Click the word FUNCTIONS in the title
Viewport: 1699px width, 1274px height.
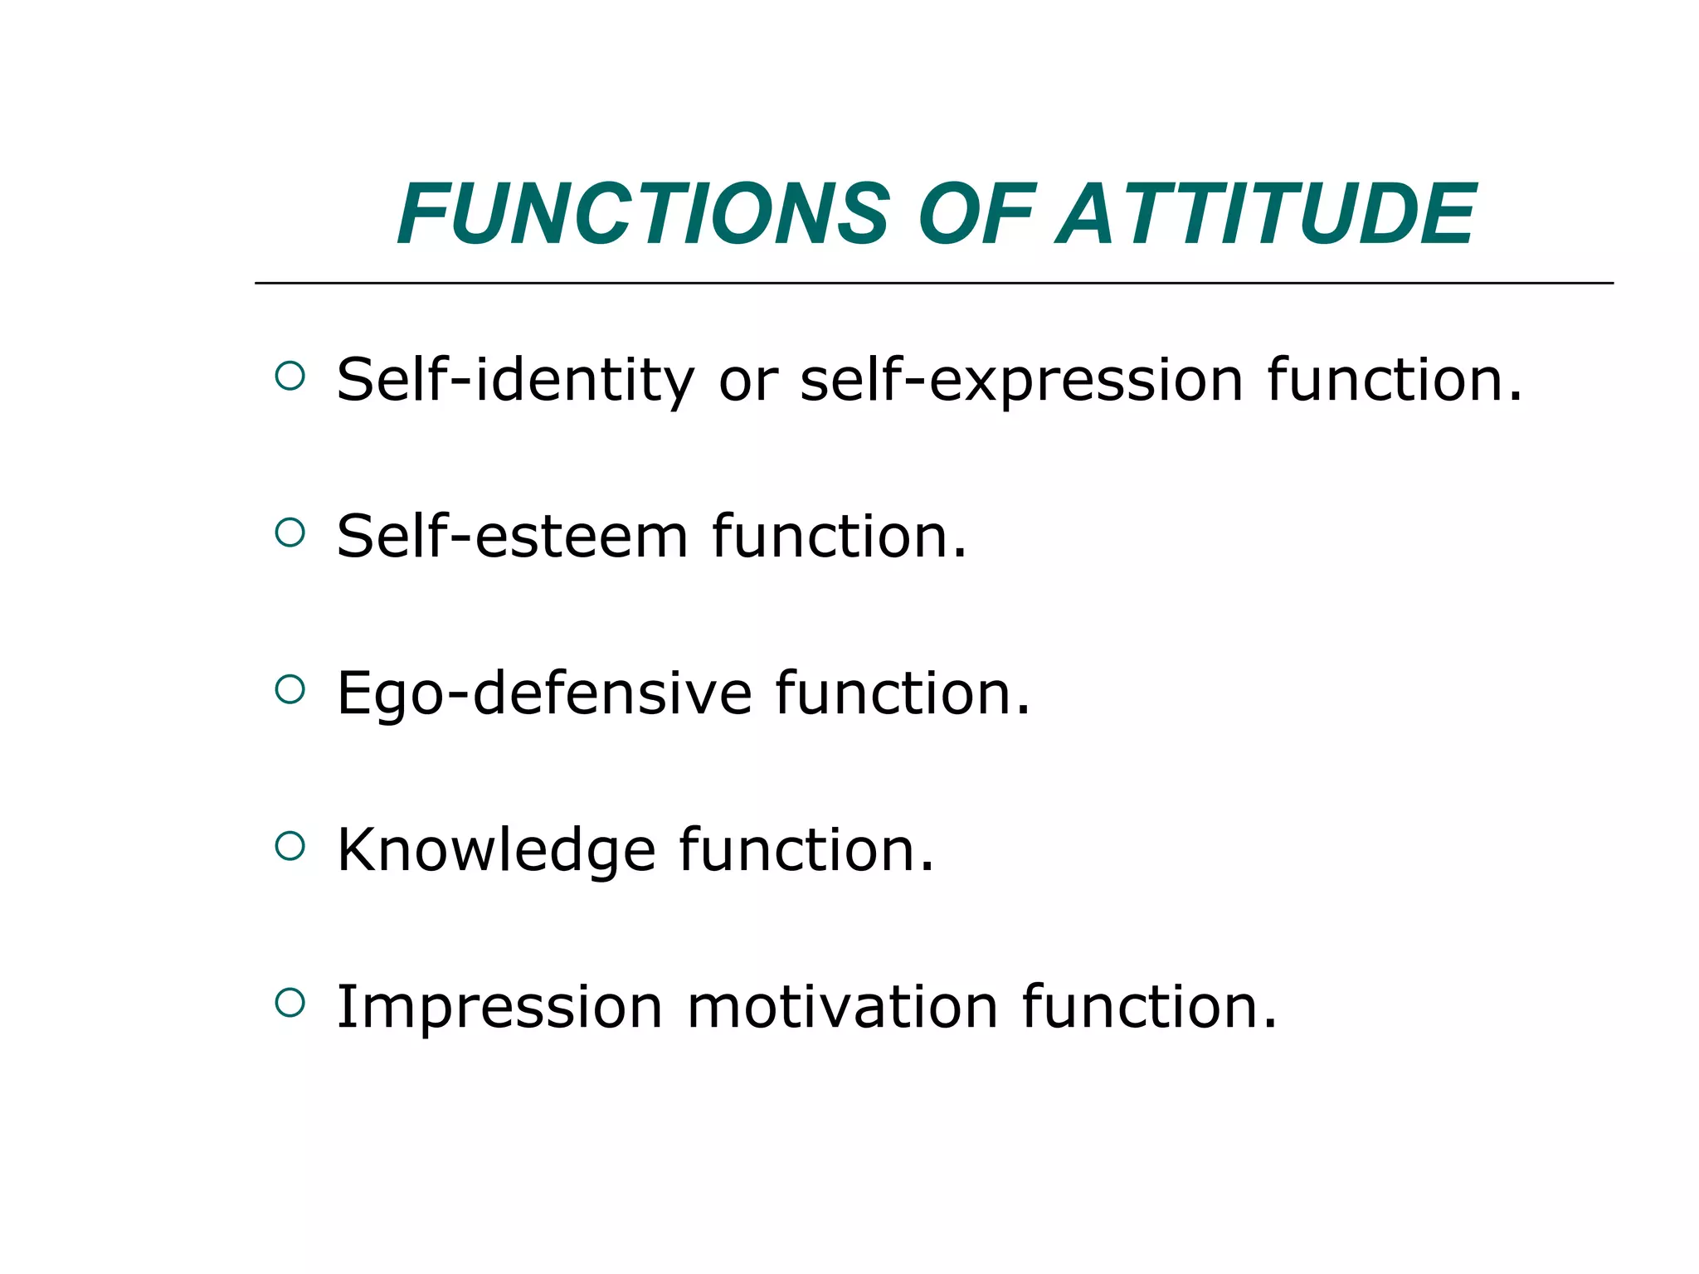pyautogui.click(x=644, y=214)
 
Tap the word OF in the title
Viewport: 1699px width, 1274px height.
pyautogui.click(x=976, y=214)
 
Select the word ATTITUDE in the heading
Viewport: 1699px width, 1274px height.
pyautogui.click(x=1266, y=214)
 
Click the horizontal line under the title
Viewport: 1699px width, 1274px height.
pyautogui.click(x=933, y=283)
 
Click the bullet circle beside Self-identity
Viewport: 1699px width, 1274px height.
pyautogui.click(x=290, y=377)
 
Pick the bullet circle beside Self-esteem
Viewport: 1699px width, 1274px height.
pyautogui.click(x=290, y=532)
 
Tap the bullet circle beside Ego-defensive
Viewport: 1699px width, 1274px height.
pyautogui.click(x=290, y=689)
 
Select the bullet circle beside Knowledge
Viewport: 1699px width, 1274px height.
pyautogui.click(x=290, y=846)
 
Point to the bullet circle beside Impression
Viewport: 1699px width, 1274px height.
pyautogui.click(x=290, y=1003)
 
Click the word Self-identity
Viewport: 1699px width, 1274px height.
pyautogui.click(x=515, y=380)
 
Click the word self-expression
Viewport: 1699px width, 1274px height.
pyautogui.click(x=1021, y=380)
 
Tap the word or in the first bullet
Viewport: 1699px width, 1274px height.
pyautogui.click(x=747, y=380)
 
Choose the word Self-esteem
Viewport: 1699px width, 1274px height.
pyautogui.click(x=512, y=537)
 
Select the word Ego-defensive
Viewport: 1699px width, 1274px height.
pyautogui.click(x=544, y=693)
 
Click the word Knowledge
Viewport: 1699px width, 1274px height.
pyautogui.click(x=496, y=850)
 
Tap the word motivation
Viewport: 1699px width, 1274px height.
pyautogui.click(x=842, y=1007)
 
